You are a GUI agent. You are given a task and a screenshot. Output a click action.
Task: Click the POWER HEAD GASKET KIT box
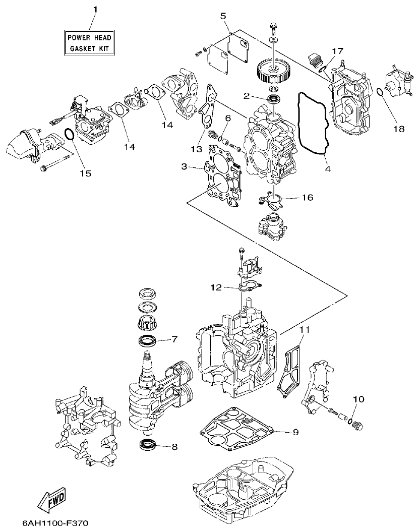[89, 42]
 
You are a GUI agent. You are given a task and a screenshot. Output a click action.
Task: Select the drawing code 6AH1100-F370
[51, 523]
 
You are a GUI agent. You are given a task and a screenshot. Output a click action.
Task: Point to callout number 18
[398, 129]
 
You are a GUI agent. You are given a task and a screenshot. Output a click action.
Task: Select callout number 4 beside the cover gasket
[328, 169]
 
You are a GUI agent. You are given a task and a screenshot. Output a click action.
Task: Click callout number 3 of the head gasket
[185, 166]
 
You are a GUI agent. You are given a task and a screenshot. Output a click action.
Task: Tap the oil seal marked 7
[147, 340]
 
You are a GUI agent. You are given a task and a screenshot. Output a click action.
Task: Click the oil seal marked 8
[148, 444]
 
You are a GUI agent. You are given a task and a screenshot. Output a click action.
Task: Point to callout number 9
[295, 432]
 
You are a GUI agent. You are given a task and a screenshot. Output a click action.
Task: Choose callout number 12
[216, 287]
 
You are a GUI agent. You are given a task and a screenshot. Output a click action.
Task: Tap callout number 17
[337, 50]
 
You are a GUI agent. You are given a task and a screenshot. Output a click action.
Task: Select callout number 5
[223, 16]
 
